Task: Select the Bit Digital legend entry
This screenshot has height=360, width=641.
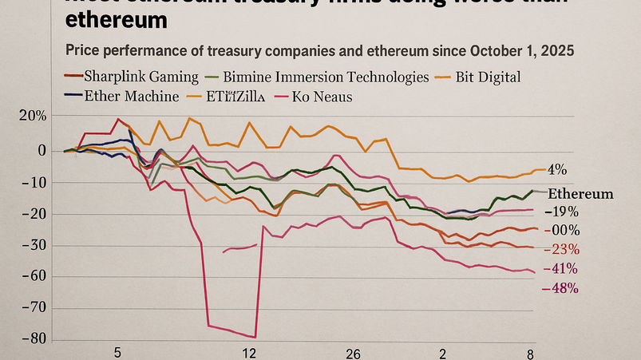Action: (487, 77)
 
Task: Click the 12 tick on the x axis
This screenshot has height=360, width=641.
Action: (249, 354)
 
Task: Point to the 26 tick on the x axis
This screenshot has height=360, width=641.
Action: (354, 354)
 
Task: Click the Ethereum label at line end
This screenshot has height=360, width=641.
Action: (580, 194)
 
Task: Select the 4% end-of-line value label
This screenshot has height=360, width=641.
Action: (556, 169)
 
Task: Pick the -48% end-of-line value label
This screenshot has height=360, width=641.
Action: (560, 287)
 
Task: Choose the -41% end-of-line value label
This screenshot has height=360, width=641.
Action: (560, 268)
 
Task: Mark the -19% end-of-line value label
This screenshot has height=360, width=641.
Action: (560, 212)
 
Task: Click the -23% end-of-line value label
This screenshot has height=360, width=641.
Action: (560, 248)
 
